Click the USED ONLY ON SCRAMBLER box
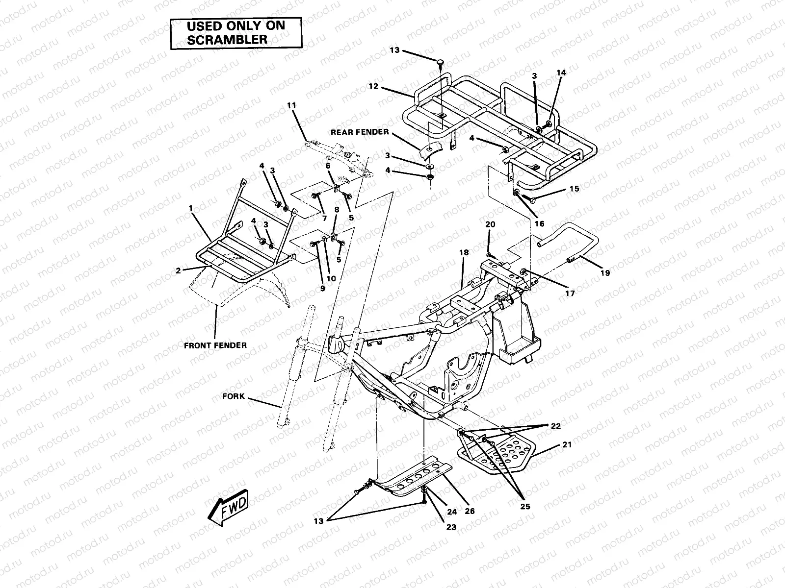coord(235,33)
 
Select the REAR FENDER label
coord(360,132)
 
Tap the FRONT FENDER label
coord(215,345)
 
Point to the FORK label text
coord(233,396)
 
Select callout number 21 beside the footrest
coord(567,445)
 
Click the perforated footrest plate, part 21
coord(496,453)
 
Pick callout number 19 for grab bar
coord(605,273)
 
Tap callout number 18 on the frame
coord(464,252)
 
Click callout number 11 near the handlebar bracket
coord(292,105)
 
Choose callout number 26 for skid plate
coord(470,511)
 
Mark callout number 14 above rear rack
coord(561,73)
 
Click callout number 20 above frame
coord(490,224)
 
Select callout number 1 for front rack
coord(190,208)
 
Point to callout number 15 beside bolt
coord(574,189)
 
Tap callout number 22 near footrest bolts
coord(555,426)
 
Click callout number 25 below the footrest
coord(525,506)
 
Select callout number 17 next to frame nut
coord(570,294)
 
